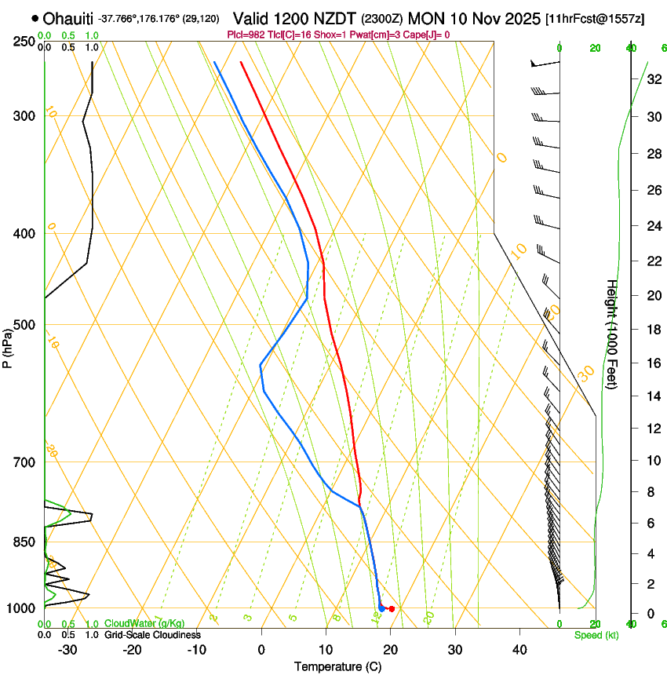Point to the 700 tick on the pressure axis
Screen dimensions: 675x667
pos(25,462)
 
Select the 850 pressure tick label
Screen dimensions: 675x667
pos(25,542)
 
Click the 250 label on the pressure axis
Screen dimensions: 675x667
pos(25,42)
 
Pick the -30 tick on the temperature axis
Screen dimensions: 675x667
pos(67,650)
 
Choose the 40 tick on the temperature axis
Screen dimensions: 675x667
pos(519,650)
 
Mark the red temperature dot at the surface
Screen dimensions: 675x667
pos(392,609)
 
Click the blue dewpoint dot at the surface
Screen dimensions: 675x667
pos(381,608)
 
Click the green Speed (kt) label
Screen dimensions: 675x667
pos(596,635)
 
